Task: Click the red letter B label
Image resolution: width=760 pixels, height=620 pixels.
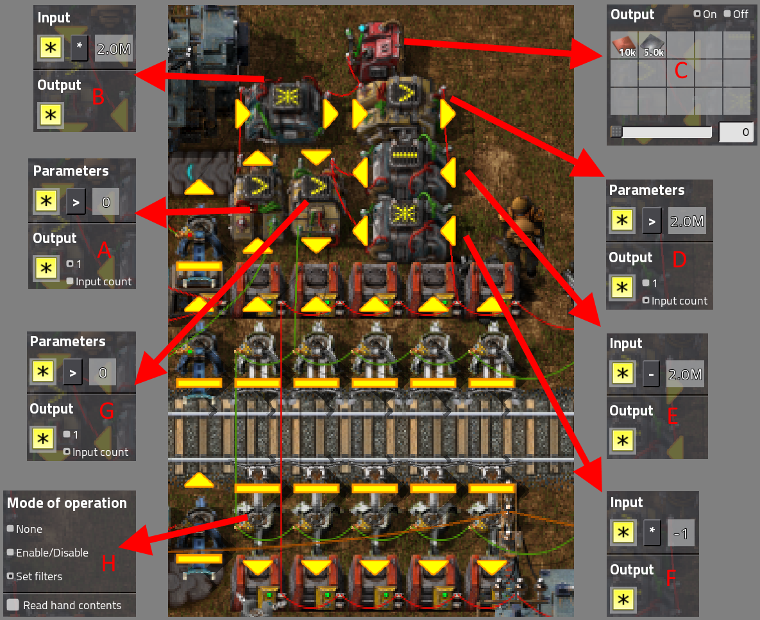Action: click(98, 97)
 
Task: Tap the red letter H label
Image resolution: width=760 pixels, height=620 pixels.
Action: click(109, 563)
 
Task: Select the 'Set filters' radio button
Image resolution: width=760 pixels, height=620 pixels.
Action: click(10, 576)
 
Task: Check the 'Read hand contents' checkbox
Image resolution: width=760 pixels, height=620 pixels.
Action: click(12, 605)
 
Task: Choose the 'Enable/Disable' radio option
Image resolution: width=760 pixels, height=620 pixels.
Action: click(10, 553)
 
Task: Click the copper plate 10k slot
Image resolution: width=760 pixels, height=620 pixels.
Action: click(625, 46)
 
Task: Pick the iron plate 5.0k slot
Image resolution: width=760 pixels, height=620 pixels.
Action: click(652, 46)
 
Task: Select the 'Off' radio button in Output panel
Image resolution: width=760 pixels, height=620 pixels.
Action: click(727, 14)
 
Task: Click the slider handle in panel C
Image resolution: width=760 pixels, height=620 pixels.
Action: click(616, 132)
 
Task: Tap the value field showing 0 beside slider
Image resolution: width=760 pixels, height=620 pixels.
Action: click(734, 132)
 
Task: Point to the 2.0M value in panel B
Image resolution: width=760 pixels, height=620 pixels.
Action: click(114, 49)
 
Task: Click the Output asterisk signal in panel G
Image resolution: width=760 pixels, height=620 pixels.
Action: click(44, 439)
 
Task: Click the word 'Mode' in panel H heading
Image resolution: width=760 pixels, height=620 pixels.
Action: click(23, 503)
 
